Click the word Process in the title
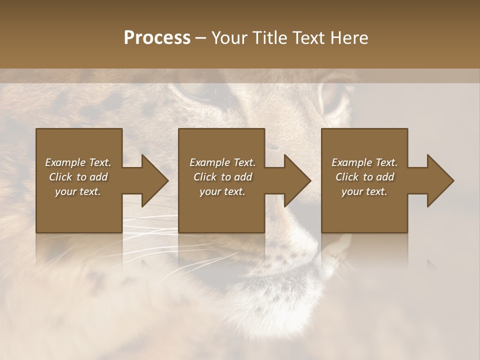pos(157,38)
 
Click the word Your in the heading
pos(230,38)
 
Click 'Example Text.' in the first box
pos(78,162)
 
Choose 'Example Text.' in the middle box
pos(222,162)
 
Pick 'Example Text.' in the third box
pos(364,162)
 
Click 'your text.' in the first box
pos(78,191)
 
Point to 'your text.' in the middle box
pos(222,191)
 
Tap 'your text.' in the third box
pos(364,191)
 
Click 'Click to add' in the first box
pos(78,177)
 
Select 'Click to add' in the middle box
pos(222,177)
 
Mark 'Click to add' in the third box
pos(364,177)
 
